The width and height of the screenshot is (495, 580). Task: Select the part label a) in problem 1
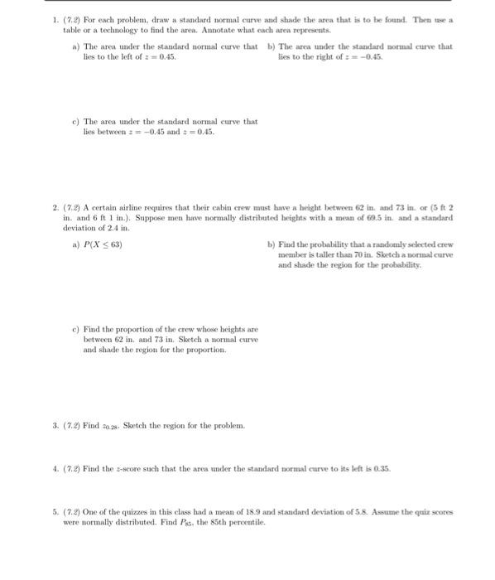point(76,46)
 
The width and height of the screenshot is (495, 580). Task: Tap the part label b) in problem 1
point(271,46)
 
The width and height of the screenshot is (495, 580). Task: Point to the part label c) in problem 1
point(76,122)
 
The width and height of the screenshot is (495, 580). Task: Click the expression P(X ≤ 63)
point(103,245)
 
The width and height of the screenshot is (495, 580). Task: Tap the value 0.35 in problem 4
point(382,468)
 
